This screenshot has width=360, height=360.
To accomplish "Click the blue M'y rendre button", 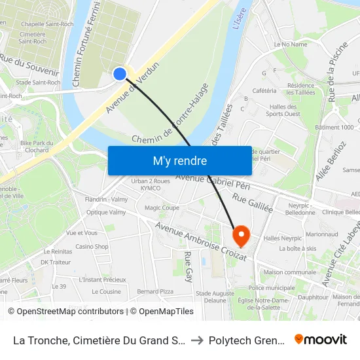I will click(179, 160).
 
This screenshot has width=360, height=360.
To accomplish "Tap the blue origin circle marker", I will click(120, 74).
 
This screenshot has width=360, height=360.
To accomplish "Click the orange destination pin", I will click(241, 235).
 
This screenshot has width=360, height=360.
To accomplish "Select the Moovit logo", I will click(321, 339).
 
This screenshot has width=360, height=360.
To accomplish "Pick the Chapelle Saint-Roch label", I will click(47, 24).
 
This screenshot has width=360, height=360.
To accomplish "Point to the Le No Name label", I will click(291, 45).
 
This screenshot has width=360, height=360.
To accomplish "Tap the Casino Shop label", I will click(92, 247).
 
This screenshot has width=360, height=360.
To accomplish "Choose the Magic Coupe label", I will click(162, 207).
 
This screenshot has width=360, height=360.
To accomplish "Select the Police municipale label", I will click(271, 287).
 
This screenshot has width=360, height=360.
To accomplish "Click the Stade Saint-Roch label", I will click(38, 82).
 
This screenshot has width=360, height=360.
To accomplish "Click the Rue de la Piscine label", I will click(338, 71).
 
